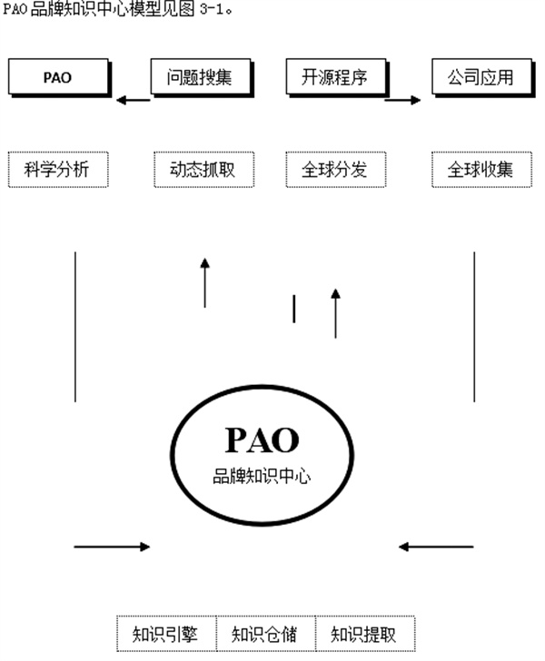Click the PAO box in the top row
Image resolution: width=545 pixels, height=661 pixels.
(56, 77)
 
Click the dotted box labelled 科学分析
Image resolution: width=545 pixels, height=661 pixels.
(56, 170)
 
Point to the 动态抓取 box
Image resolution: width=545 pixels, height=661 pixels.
(199, 170)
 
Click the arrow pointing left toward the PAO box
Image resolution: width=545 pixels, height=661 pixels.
(134, 100)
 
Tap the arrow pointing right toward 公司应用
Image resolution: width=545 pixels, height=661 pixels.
(402, 100)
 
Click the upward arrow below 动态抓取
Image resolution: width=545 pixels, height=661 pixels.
(204, 282)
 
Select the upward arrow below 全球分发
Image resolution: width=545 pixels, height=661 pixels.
(335, 313)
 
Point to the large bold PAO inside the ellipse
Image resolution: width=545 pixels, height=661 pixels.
(262, 439)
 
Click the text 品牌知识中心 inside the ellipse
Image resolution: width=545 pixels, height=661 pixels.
(262, 476)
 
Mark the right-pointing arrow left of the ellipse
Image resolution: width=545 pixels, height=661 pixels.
(112, 547)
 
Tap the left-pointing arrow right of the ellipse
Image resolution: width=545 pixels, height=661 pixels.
(436, 547)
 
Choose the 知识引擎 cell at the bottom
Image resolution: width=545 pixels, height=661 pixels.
(165, 633)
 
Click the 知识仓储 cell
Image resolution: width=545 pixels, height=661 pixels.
(263, 633)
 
